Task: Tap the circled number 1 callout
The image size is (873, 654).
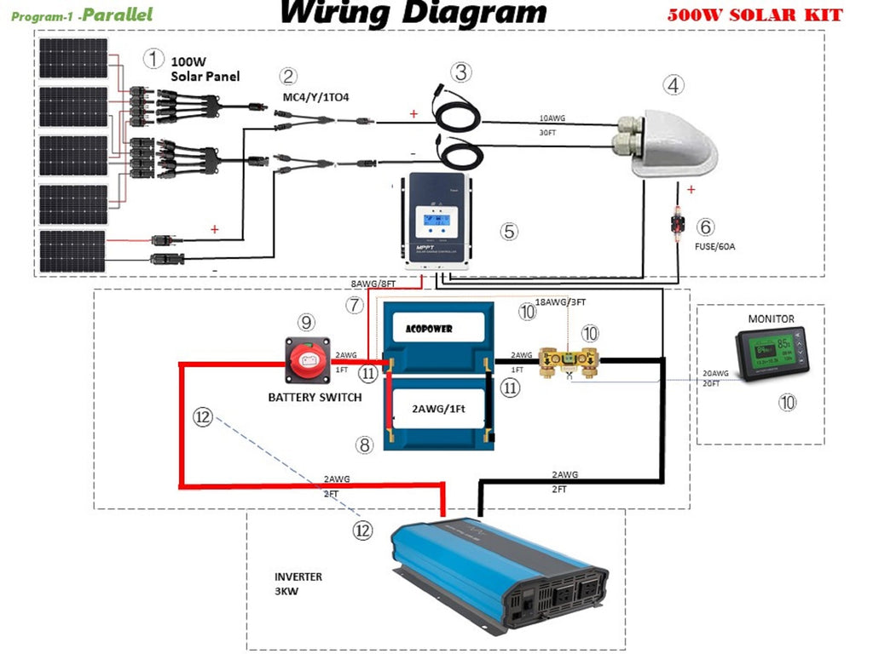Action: click(153, 59)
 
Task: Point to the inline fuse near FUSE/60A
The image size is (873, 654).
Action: click(679, 228)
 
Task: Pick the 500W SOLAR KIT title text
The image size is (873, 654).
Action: click(754, 15)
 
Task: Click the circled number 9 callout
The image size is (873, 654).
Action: click(305, 322)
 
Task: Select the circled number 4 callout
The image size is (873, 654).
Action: click(674, 85)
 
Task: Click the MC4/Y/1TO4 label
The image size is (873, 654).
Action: click(315, 98)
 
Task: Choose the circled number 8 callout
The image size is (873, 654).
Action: click(364, 444)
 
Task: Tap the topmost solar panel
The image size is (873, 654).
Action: click(73, 61)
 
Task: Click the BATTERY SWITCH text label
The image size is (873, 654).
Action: click(315, 398)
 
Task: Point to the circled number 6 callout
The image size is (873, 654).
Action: click(705, 227)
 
